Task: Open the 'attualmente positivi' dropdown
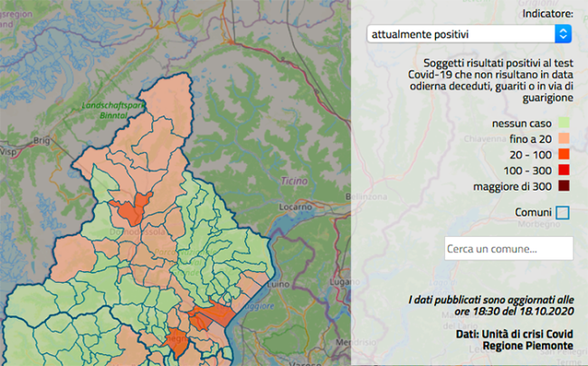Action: coord(461,33)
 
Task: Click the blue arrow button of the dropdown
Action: coord(563,33)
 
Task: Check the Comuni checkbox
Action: coord(563,212)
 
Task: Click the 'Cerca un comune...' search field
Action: coord(508,249)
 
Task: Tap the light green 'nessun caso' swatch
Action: coord(564,122)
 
